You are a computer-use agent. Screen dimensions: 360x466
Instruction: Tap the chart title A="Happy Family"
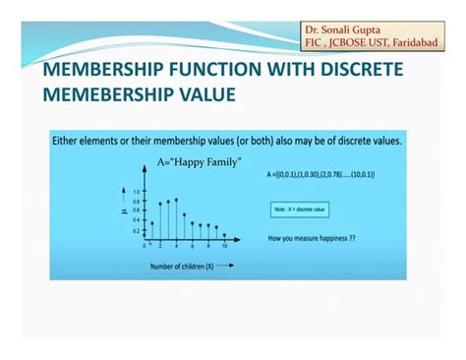200,160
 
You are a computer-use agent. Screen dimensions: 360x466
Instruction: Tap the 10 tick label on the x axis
225,246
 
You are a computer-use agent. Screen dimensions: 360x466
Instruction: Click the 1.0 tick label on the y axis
137,193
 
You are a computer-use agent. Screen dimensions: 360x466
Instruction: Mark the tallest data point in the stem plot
176,200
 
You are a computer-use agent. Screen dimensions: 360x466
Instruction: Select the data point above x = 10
225,235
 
